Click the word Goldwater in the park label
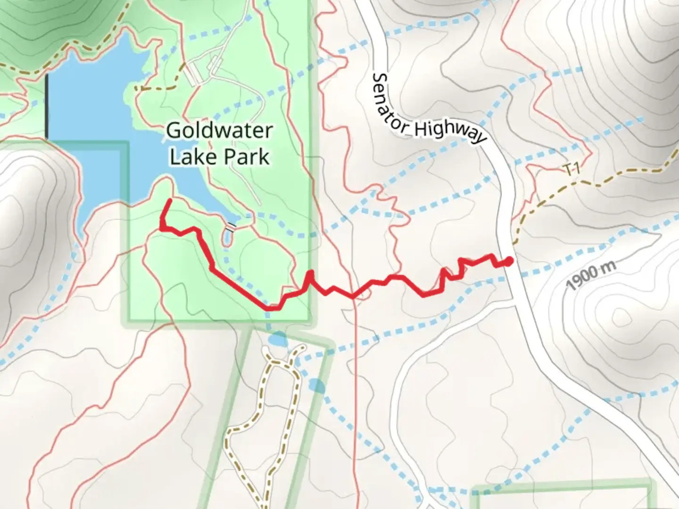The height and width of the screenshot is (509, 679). pyautogui.click(x=220, y=131)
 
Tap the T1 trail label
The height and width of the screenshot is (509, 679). pyautogui.click(x=571, y=170)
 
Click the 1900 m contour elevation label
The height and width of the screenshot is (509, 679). pyautogui.click(x=591, y=276)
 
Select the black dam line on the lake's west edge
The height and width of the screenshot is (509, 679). pyautogui.click(x=47, y=106)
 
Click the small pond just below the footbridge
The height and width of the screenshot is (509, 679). pyautogui.click(x=227, y=239)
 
